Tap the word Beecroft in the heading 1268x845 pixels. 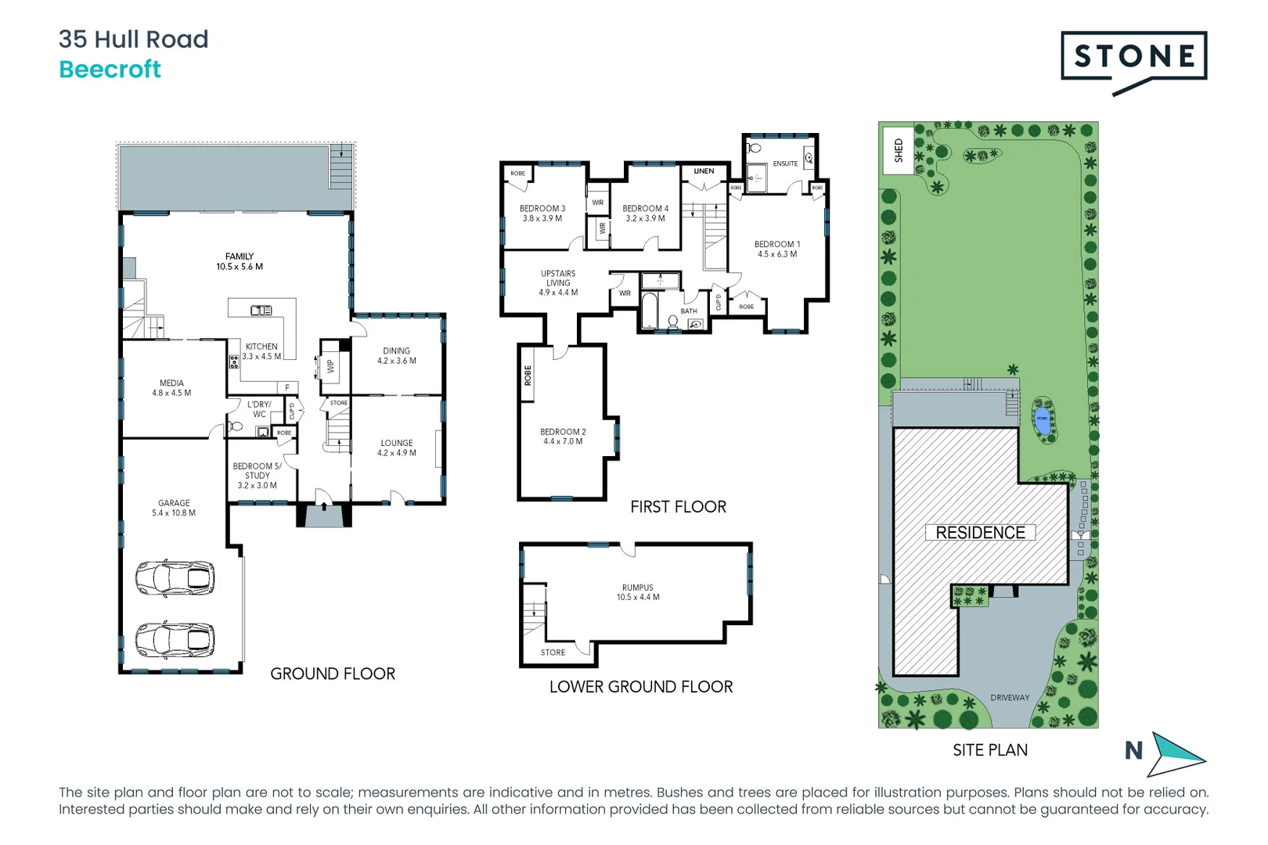click(110, 70)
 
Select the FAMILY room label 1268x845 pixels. click(240, 257)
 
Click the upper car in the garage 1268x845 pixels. click(175, 578)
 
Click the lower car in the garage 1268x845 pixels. click(175, 640)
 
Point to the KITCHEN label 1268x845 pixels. click(261, 347)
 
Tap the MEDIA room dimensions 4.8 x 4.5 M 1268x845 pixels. click(171, 394)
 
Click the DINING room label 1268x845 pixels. click(397, 351)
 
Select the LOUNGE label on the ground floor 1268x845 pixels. click(397, 443)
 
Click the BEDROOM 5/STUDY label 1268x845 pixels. click(257, 471)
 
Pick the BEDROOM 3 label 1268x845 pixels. click(542, 209)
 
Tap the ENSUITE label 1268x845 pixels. click(785, 164)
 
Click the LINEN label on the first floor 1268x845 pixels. click(704, 171)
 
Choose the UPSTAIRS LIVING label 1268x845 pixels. click(558, 279)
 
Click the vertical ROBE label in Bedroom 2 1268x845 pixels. click(528, 376)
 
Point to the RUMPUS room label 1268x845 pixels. click(638, 588)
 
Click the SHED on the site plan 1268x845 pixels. click(898, 150)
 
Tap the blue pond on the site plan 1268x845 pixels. click(1043, 419)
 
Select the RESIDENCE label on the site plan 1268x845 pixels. click(980, 533)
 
